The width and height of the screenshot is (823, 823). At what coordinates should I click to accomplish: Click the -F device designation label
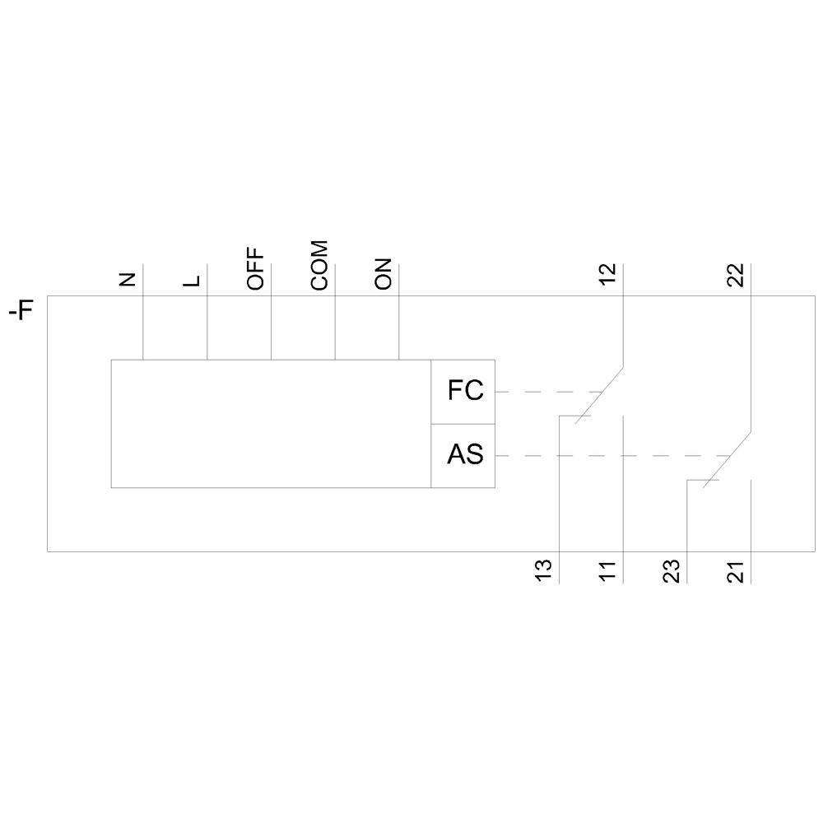click(21, 310)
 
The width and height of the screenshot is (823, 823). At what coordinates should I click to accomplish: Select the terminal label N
click(128, 279)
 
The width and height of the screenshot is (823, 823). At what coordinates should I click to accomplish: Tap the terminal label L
click(192, 281)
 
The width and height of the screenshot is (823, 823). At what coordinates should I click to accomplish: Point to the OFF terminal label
click(256, 269)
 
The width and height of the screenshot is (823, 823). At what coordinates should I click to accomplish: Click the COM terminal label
click(319, 266)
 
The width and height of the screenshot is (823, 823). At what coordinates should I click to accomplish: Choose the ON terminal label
click(384, 274)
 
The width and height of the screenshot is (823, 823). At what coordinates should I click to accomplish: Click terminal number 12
click(608, 275)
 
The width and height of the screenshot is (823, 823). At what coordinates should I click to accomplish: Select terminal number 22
click(736, 275)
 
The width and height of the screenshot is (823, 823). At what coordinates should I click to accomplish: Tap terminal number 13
click(544, 570)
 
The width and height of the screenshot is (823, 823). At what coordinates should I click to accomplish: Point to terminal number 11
click(608, 572)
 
